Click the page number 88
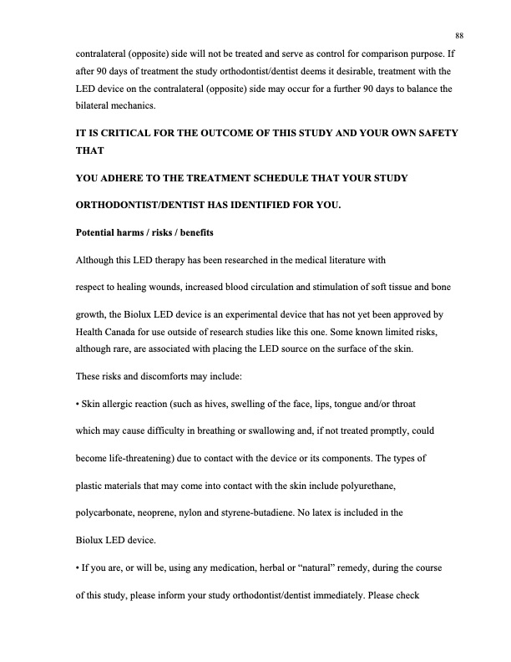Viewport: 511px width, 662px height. [x=459, y=34]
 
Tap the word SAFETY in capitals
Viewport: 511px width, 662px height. [x=434, y=134]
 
